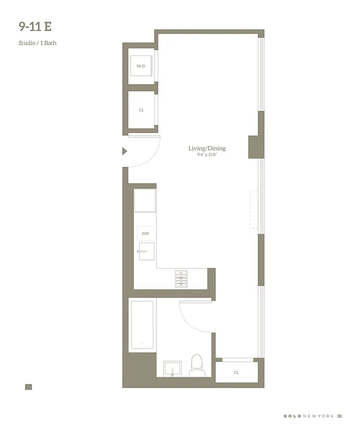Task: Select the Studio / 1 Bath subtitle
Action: click(x=38, y=43)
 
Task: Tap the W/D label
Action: click(x=141, y=66)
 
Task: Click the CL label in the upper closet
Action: click(x=141, y=110)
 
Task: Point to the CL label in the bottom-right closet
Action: click(x=237, y=372)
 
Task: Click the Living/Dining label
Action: click(x=207, y=148)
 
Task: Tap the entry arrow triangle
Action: click(x=125, y=151)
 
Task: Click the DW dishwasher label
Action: click(x=145, y=234)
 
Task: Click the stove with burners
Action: click(x=181, y=278)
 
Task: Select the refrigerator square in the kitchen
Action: click(x=145, y=200)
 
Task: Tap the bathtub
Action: click(x=142, y=325)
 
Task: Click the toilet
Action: click(x=196, y=366)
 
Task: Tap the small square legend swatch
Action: click(x=28, y=387)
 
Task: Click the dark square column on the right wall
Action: click(x=256, y=147)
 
